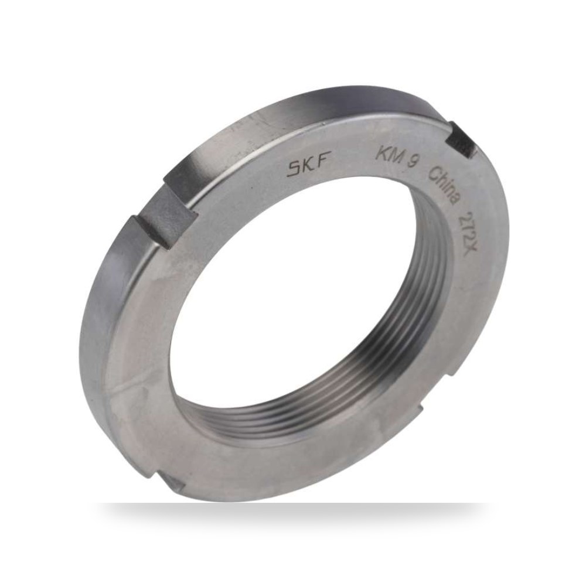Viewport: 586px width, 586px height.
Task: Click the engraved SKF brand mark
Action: pyautogui.click(x=308, y=167)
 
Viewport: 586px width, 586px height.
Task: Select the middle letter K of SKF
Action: pyautogui.click(x=309, y=166)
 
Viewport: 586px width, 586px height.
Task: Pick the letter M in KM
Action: pyautogui.click(x=396, y=156)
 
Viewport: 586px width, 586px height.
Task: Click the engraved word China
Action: pyautogui.click(x=444, y=186)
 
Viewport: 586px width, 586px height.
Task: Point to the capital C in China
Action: pyautogui.click(x=435, y=173)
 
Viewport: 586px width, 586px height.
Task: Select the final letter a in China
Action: pyautogui.click(x=454, y=200)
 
